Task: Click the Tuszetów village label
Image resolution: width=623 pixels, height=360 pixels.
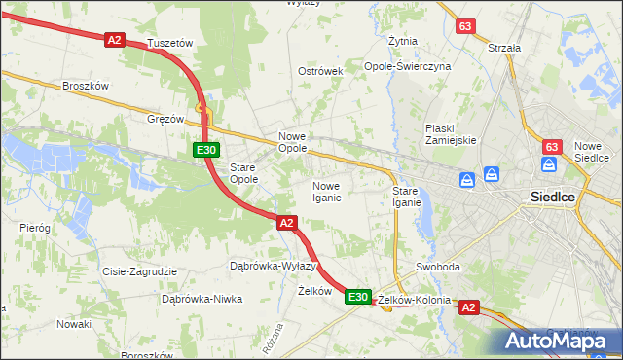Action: tap(170, 44)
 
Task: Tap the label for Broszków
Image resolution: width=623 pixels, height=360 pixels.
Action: tap(85, 86)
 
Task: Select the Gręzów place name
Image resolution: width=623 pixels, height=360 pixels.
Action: tap(165, 119)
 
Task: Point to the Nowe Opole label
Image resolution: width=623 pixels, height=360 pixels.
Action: tap(293, 142)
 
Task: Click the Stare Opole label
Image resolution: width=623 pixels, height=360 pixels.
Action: tap(243, 173)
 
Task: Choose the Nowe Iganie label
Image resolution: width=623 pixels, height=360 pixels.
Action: tap(326, 192)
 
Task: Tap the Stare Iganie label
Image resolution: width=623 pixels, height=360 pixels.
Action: tap(406, 197)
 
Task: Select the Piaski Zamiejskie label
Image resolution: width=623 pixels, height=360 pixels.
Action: tap(451, 134)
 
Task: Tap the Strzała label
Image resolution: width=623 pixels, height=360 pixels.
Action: tap(504, 47)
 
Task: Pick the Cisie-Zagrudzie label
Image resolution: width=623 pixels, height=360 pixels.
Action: tap(139, 271)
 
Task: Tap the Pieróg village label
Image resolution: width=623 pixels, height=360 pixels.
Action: tap(34, 227)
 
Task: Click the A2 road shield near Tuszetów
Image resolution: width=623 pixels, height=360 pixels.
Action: tap(116, 40)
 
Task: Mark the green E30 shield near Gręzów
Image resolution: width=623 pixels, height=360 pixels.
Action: tap(205, 150)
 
